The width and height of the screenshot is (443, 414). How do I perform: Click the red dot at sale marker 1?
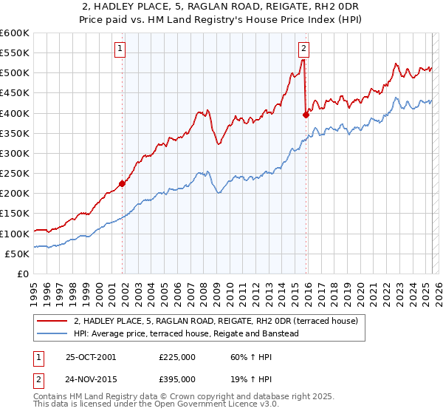(123, 184)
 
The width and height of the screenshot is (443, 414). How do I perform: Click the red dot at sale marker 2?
(306, 115)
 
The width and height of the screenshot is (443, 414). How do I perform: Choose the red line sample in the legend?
(52, 320)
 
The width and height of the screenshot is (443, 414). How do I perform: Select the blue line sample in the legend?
(52, 333)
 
